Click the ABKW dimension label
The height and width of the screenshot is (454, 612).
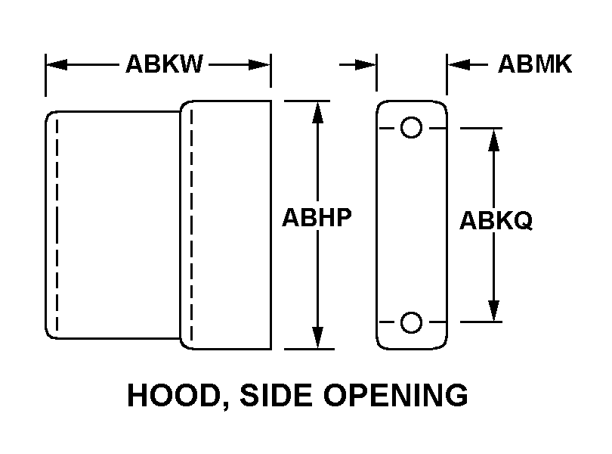(x=164, y=64)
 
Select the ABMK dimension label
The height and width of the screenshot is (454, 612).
(x=534, y=64)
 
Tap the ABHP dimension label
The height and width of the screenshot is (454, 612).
(x=317, y=217)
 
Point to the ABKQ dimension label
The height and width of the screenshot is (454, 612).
(x=496, y=221)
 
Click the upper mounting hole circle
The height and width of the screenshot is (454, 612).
(x=411, y=127)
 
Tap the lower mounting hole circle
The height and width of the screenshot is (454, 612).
(x=411, y=323)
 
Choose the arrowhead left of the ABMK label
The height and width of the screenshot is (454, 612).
(x=458, y=65)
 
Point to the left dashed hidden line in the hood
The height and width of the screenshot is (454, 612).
(x=56, y=223)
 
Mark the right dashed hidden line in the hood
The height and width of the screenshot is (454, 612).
(x=191, y=223)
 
